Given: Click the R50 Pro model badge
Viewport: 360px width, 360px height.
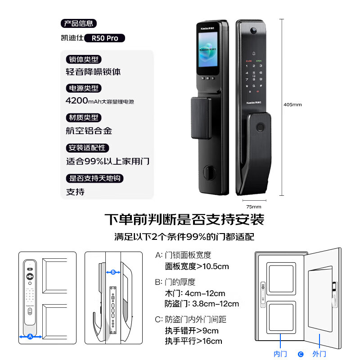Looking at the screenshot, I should click(x=104, y=38).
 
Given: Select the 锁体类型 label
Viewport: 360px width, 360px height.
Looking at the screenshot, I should click(x=83, y=59).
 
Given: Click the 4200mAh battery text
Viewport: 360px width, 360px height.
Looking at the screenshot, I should click(x=100, y=101).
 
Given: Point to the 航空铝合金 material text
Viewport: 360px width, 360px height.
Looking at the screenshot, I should click(x=89, y=131).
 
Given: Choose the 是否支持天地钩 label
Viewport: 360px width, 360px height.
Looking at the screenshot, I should click(x=95, y=178).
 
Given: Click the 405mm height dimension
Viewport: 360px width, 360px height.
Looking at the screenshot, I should click(x=292, y=104).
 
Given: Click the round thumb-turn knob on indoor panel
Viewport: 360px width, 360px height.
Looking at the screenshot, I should click(x=210, y=172).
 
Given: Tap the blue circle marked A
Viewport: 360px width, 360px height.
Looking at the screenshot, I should click(x=30, y=336).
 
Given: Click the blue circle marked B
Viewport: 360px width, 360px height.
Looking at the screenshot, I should click(x=113, y=272).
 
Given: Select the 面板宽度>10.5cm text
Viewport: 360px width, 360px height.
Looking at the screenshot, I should click(x=197, y=266).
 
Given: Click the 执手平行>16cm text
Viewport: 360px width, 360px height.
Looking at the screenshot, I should click(x=193, y=341).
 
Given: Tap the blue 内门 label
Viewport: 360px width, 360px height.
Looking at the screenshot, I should click(x=280, y=354).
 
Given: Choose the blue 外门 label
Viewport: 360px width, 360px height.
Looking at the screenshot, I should click(x=319, y=354).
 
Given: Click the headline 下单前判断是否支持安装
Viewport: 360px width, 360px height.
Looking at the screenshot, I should click(x=184, y=220).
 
